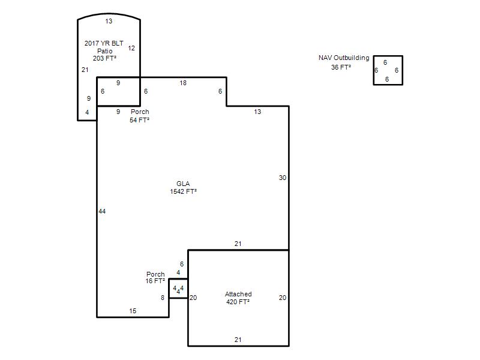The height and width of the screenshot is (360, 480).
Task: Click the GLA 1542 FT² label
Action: (183, 187)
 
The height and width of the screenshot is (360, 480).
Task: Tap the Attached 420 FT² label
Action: (238, 298)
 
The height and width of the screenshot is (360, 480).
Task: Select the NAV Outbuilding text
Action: (344, 58)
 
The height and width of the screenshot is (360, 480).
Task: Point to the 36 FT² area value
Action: (341, 67)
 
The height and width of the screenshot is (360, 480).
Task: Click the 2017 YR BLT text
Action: (104, 43)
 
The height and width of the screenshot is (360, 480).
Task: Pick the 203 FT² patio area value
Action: (104, 58)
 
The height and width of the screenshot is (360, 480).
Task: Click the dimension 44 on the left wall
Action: (102, 211)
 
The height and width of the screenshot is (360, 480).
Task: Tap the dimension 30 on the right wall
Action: (282, 178)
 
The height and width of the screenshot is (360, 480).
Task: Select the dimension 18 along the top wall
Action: (183, 83)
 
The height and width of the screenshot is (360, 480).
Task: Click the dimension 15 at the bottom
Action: (133, 311)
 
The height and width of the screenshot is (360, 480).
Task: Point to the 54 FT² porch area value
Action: (139, 120)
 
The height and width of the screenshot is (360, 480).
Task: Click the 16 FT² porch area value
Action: (155, 281)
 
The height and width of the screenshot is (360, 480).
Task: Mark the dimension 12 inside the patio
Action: (131, 48)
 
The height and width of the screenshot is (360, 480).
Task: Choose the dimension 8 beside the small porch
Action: (163, 298)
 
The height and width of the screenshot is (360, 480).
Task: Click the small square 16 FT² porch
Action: (178, 289)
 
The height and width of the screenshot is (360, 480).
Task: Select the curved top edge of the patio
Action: (109, 13)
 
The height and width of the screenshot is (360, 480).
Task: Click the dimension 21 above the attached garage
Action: (238, 244)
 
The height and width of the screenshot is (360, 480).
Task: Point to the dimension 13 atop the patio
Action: (109, 21)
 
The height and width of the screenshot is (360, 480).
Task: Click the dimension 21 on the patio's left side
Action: (85, 70)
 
